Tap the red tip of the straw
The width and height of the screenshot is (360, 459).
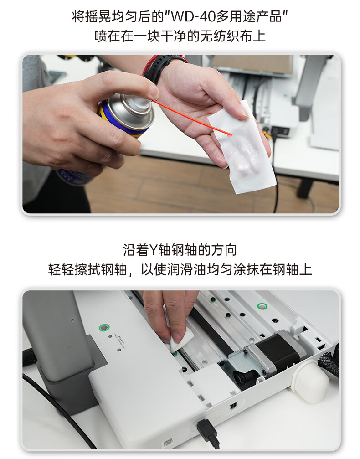230,134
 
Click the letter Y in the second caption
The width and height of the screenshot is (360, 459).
154,250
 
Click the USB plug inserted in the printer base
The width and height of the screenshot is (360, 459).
208,431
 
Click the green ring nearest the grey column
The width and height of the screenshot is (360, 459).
104,328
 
